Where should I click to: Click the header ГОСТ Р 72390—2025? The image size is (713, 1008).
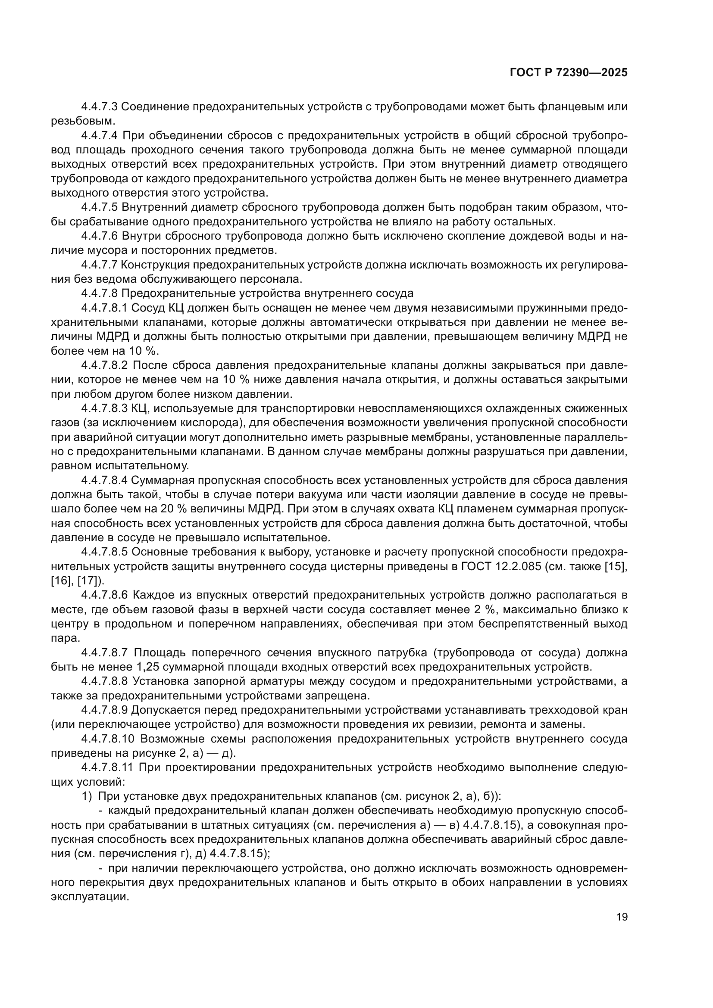pos(569,73)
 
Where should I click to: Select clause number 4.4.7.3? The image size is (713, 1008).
pos(99,107)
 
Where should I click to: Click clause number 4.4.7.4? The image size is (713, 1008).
pos(99,136)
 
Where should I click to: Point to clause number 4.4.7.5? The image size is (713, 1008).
pos(99,207)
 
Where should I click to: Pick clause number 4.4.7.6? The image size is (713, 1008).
pos(99,236)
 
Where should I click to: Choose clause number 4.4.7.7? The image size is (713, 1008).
pos(99,265)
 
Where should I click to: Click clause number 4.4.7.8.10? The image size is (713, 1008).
pos(108,739)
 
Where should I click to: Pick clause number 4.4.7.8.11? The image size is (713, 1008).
pos(108,768)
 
